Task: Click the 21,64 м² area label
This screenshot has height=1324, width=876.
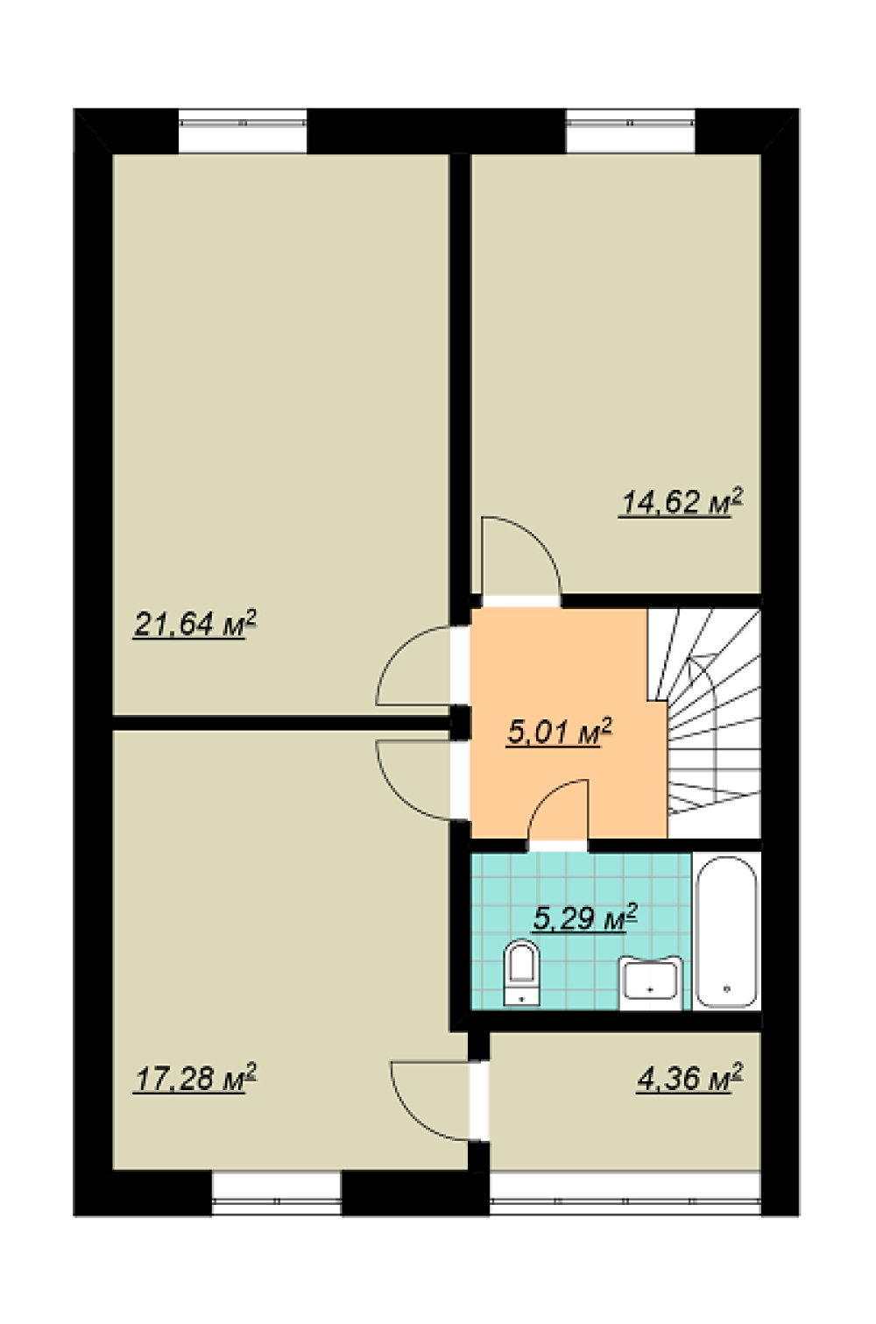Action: click(x=195, y=624)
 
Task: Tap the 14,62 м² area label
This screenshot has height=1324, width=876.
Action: click(x=681, y=502)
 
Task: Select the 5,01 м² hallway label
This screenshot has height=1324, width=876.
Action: click(x=559, y=733)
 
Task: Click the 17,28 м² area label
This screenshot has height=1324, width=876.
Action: click(x=195, y=1078)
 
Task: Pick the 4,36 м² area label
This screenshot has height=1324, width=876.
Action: click(x=689, y=1078)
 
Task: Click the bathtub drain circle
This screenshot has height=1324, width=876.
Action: click(x=726, y=988)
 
